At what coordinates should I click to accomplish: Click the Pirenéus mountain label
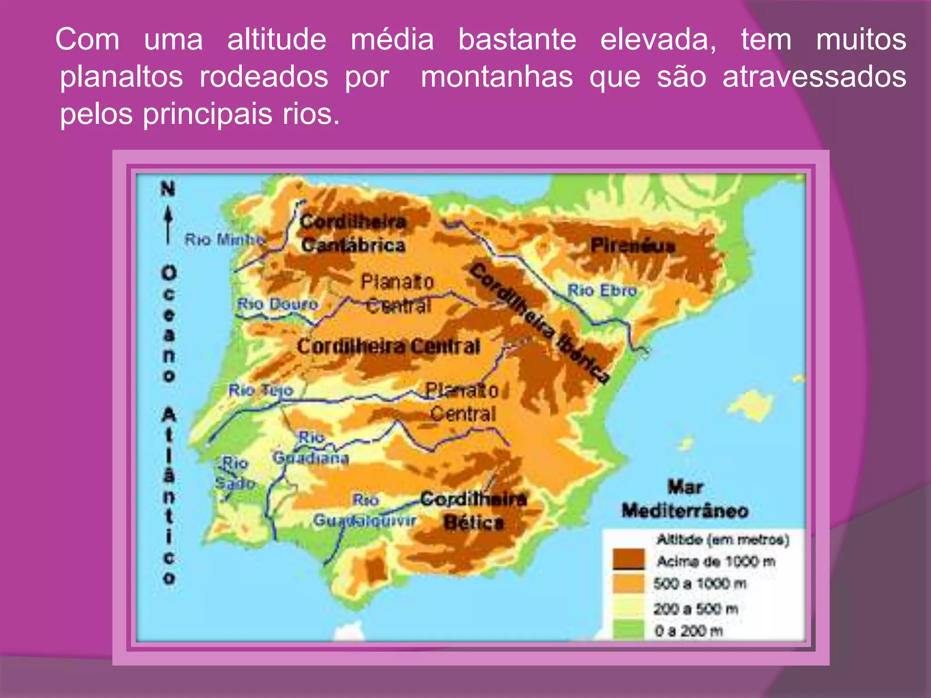point(632,246)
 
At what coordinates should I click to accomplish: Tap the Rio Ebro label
point(602,290)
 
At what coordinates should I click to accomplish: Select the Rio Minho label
point(225,239)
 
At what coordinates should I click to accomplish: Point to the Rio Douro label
point(277,304)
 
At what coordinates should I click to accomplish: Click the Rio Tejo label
point(260,390)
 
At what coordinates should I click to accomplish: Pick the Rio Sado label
point(235,473)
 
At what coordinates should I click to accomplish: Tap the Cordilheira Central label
point(389,347)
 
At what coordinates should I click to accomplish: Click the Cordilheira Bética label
point(473,511)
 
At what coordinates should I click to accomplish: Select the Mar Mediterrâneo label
point(685,499)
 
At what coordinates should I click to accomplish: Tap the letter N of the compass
point(168,189)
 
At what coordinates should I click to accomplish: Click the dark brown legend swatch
point(628,559)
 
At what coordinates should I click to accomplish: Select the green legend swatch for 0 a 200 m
point(628,630)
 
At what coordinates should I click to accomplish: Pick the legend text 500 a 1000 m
point(700,583)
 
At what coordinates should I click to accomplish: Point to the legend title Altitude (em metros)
point(723,540)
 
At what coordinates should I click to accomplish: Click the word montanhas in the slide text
point(496,77)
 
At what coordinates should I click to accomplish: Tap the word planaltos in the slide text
point(121,77)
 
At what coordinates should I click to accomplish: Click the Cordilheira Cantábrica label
point(353,234)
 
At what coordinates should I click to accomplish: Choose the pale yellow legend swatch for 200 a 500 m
point(628,608)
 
